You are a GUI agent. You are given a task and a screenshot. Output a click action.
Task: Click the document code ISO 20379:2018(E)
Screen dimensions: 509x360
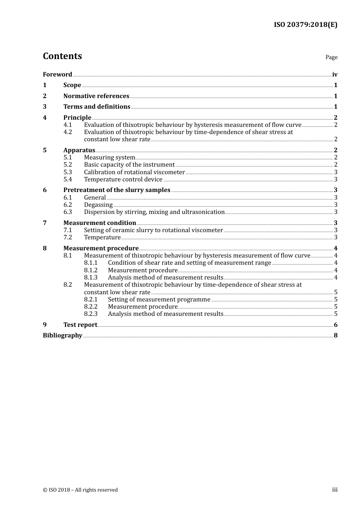[305, 25]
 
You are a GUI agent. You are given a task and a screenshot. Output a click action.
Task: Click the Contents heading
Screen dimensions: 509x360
[62, 56]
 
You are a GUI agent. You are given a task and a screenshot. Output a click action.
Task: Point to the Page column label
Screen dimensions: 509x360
[331, 57]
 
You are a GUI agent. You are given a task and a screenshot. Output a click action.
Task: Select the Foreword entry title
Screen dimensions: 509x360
[57, 74]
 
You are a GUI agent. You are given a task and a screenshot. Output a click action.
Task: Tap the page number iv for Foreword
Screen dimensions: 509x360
[335, 74]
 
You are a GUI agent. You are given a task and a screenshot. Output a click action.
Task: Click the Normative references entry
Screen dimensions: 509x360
[96, 96]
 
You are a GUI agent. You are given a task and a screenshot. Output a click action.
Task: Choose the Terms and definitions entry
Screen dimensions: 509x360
[97, 106]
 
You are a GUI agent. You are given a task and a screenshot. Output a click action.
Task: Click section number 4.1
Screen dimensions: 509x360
[67, 125]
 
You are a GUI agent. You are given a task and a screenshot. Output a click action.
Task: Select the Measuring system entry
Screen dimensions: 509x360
[110, 157]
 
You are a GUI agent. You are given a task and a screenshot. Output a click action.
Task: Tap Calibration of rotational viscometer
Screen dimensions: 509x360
[134, 172]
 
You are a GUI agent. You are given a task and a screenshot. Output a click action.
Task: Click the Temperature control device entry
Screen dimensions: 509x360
[123, 179]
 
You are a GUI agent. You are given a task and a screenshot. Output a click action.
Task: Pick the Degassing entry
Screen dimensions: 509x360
[98, 205]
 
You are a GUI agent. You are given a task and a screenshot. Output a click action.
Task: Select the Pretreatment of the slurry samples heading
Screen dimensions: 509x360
[117, 190]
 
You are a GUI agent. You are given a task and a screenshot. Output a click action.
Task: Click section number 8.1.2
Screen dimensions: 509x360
[91, 270]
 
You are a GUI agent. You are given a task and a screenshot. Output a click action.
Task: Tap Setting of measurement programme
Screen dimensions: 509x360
[159, 299]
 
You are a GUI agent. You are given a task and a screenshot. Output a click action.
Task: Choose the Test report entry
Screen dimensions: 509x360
[80, 325]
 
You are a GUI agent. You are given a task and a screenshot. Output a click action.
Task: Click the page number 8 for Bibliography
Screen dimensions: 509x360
[335, 335]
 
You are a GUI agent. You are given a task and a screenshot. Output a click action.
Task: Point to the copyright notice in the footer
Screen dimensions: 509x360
[80, 490]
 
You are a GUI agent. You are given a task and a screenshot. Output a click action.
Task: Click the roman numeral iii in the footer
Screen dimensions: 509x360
[335, 490]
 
